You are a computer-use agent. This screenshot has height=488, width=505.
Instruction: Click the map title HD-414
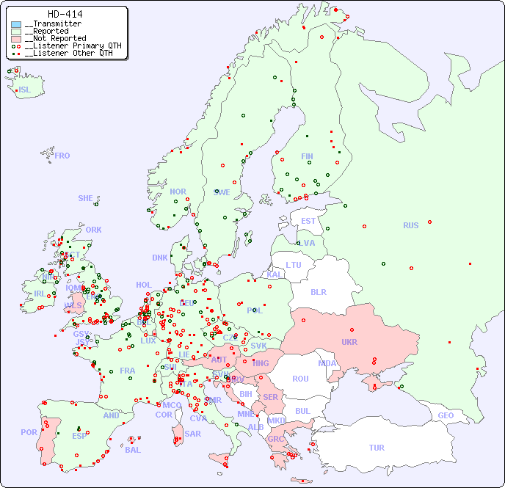point(65,14)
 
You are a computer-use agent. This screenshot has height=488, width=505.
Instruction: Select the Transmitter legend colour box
point(16,24)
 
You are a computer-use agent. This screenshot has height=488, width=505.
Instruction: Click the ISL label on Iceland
point(25,90)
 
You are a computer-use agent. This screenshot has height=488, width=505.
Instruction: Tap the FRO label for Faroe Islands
point(62,156)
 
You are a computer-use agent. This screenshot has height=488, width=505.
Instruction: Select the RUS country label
point(410,225)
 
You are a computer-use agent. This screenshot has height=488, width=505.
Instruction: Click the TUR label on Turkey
point(377,448)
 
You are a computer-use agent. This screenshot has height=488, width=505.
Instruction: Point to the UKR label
point(349,342)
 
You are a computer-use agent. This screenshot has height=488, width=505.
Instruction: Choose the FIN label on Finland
point(307,156)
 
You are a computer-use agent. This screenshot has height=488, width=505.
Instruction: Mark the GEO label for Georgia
point(446,415)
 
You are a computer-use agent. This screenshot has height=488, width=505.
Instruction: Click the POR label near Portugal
point(29,432)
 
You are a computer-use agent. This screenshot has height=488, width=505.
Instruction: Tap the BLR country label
point(319,291)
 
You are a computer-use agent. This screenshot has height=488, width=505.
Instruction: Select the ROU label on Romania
point(300,379)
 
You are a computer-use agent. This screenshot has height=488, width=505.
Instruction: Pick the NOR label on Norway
point(178,192)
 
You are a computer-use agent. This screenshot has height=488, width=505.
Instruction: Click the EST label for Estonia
point(308,221)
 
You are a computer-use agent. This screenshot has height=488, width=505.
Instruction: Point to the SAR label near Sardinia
point(193,434)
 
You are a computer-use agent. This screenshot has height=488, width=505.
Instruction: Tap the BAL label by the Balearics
point(133,450)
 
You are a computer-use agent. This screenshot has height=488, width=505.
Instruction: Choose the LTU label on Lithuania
point(294,265)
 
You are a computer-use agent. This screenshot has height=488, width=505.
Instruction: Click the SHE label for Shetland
point(86,198)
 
